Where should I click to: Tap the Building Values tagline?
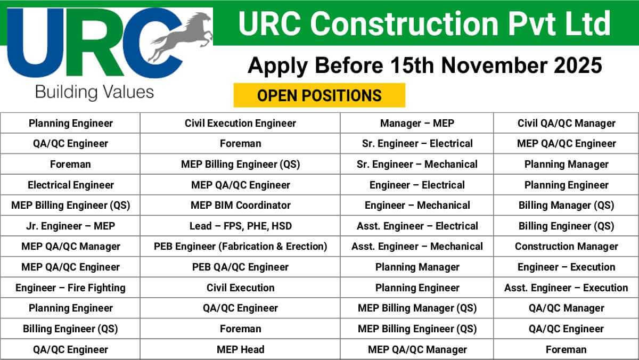click(x=94, y=92)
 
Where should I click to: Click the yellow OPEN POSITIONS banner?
click(x=319, y=95)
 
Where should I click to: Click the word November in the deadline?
click(x=493, y=66)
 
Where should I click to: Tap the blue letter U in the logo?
click(x=35, y=43)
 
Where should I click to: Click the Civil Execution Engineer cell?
click(x=240, y=123)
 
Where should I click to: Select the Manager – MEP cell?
click(x=417, y=123)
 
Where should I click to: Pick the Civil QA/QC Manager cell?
click(x=566, y=123)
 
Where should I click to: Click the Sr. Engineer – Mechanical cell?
click(x=417, y=165)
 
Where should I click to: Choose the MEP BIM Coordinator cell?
click(x=240, y=205)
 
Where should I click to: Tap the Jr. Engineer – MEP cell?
click(x=70, y=226)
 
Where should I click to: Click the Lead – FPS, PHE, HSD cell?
click(x=240, y=226)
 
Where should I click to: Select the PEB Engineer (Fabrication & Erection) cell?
click(x=240, y=246)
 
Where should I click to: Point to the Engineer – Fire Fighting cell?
click(x=70, y=288)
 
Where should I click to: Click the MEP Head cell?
click(x=240, y=349)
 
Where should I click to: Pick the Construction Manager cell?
click(x=566, y=246)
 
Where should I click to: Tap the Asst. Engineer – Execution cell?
click(x=566, y=288)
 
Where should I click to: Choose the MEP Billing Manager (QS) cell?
click(x=417, y=308)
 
